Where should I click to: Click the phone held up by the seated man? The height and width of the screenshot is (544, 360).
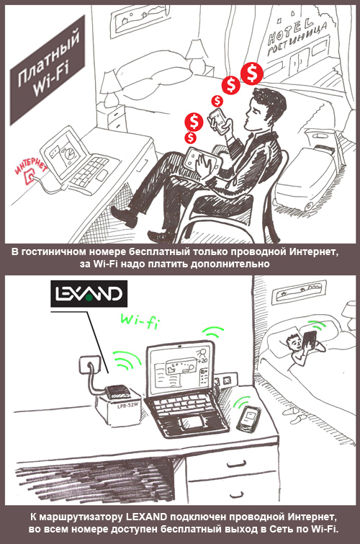(x=219, y=120)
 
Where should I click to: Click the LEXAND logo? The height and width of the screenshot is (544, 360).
(x=89, y=294)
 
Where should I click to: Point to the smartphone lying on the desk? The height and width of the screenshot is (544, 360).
(x=249, y=419)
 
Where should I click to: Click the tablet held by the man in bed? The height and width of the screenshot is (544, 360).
(x=310, y=341)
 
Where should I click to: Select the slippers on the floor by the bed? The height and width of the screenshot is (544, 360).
(x=292, y=414)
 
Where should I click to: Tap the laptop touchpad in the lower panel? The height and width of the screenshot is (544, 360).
(x=192, y=423)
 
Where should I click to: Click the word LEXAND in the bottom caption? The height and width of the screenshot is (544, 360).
(x=146, y=517)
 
